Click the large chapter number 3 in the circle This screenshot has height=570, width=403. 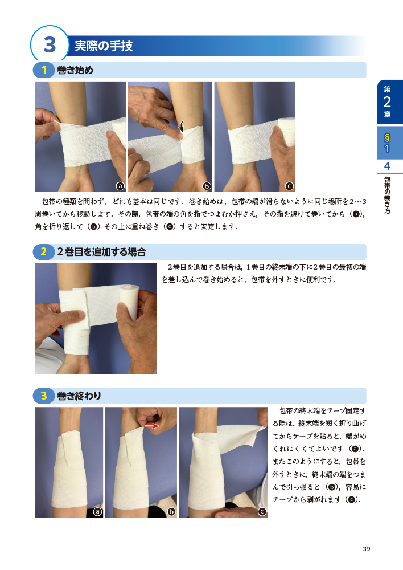click(x=50, y=44)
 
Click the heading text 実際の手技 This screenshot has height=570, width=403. click(x=104, y=46)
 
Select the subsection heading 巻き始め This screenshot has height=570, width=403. click(x=75, y=70)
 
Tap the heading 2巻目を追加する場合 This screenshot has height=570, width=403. click(x=101, y=251)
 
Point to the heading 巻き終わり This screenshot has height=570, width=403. click(x=79, y=396)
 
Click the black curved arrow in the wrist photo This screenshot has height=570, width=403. click(x=182, y=126)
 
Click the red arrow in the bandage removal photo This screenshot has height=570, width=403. click(x=152, y=426)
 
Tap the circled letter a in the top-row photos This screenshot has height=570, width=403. click(x=120, y=186)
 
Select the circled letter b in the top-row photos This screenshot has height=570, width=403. click(x=207, y=186)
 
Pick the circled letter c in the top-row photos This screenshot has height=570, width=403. click(x=289, y=186)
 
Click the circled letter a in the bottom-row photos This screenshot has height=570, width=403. click(x=97, y=512)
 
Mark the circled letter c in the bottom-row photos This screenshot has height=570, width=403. click(x=262, y=512)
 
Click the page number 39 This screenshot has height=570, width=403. click(x=367, y=549)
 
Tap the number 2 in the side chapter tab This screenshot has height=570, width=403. click(x=387, y=102)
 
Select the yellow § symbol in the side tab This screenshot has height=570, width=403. click(x=387, y=138)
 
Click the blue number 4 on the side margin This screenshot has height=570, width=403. click(x=387, y=166)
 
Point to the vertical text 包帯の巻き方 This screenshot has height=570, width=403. click(x=388, y=195)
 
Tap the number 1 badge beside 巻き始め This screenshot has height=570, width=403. click(x=44, y=70)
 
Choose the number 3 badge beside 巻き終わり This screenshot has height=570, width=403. click(x=44, y=396)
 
